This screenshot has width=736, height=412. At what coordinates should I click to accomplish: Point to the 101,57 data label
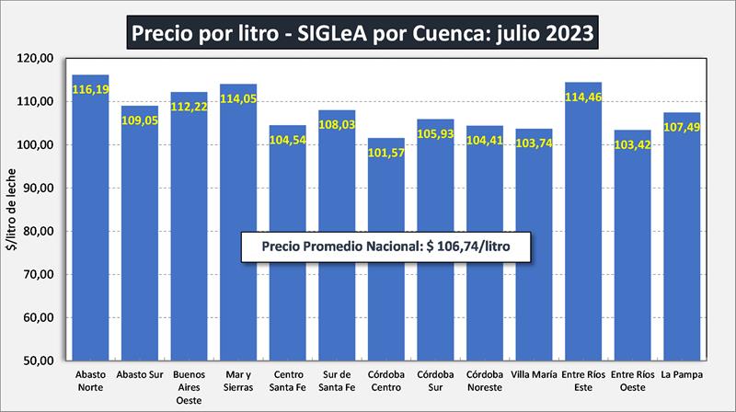(x=385, y=152)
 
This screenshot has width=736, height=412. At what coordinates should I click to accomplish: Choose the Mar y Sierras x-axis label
(x=237, y=382)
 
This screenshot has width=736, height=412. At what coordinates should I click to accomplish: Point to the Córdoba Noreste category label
(x=484, y=382)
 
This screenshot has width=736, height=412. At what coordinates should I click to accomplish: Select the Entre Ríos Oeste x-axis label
(x=632, y=382)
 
